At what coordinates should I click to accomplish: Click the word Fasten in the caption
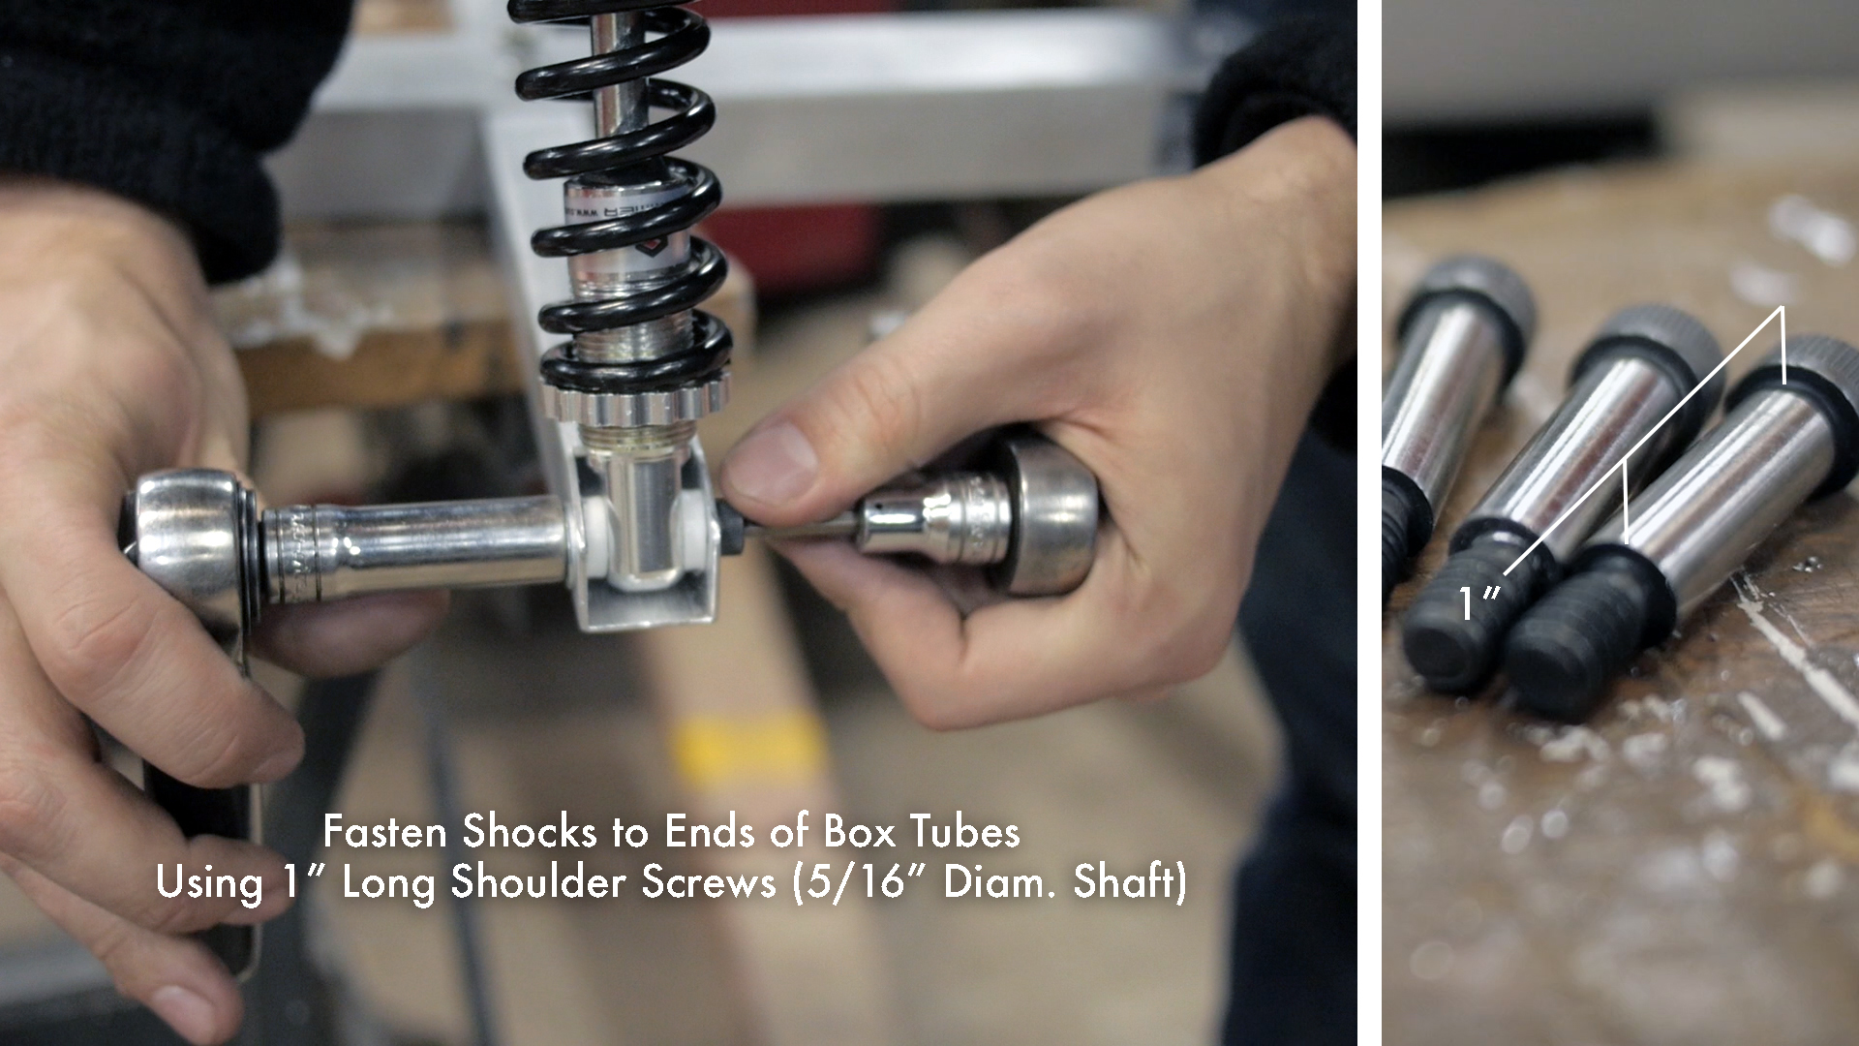point(385,832)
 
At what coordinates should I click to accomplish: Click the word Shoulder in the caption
point(541,883)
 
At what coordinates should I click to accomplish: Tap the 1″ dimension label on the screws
point(1478,602)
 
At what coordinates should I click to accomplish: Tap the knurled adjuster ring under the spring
point(634,397)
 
